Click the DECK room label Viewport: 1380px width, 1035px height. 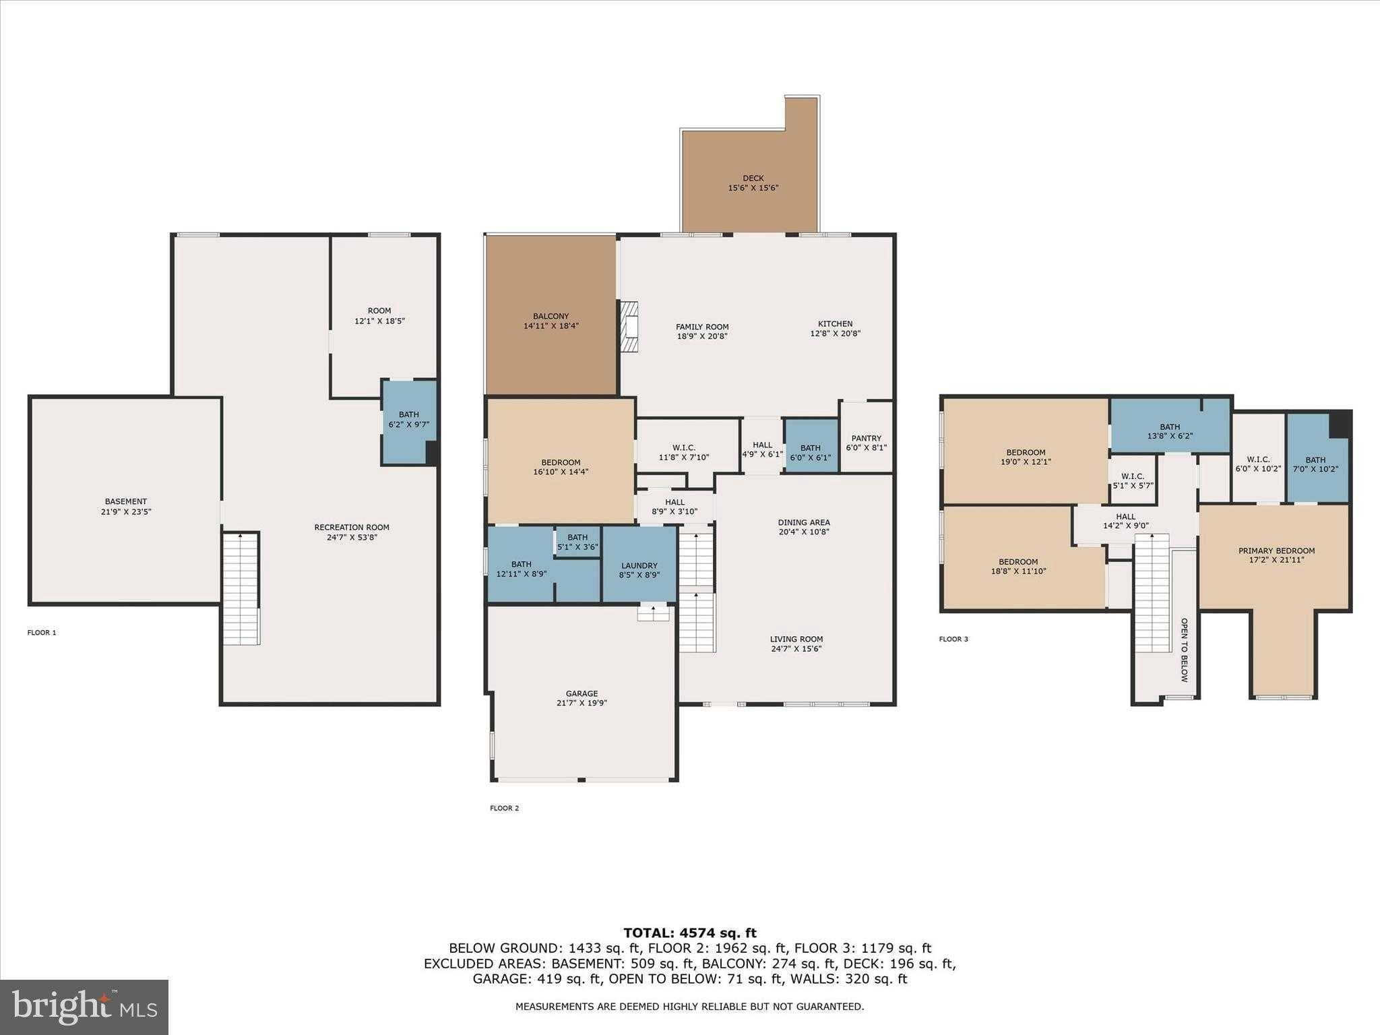[x=753, y=179]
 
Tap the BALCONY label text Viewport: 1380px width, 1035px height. [x=551, y=316]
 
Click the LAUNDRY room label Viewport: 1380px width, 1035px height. [x=639, y=566]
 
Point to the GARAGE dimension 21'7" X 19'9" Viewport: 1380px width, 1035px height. [x=582, y=703]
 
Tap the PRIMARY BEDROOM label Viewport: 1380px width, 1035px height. [x=1276, y=551]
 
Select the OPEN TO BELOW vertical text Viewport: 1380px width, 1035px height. [x=1184, y=650]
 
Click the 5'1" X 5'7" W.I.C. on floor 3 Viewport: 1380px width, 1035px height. [x=1132, y=480]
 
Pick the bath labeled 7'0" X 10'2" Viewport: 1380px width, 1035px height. [x=1315, y=465]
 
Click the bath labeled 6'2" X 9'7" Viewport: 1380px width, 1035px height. [x=408, y=420]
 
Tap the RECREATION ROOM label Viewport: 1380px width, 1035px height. [x=352, y=528]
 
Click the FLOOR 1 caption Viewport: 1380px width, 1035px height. [x=42, y=633]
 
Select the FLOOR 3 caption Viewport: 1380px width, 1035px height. [x=953, y=639]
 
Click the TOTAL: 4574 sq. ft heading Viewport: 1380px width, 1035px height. [x=689, y=933]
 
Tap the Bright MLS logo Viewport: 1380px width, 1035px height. [x=84, y=1007]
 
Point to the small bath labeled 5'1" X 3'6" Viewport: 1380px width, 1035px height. [x=577, y=542]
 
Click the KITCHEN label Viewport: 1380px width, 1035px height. [x=835, y=323]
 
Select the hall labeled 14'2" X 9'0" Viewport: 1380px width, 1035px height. [x=1125, y=521]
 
